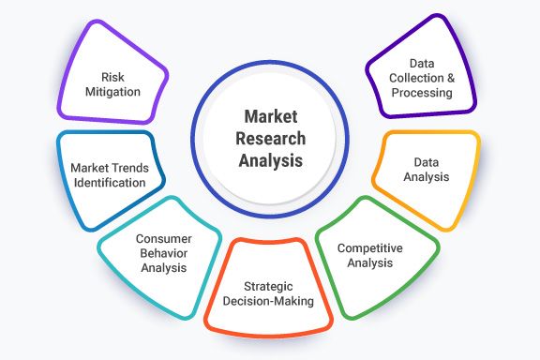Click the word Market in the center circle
[x=271, y=117]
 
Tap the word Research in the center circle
[x=271, y=139]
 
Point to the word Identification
[x=109, y=183]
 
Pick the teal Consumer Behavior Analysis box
[x=160, y=251]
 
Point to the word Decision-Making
[x=268, y=301]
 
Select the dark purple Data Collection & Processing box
[x=422, y=80]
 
